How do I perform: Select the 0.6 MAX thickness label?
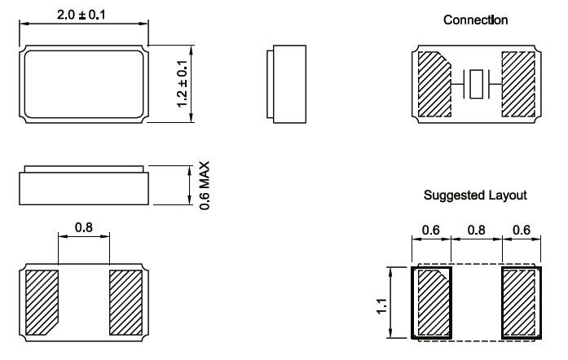(205, 185)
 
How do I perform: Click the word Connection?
(475, 20)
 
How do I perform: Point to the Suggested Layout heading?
(475, 195)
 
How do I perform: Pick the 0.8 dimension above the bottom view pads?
(83, 228)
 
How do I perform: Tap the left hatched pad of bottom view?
(43, 301)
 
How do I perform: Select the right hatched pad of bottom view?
(125, 301)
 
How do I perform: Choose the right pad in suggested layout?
(520, 301)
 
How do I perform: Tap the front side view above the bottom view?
(83, 187)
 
